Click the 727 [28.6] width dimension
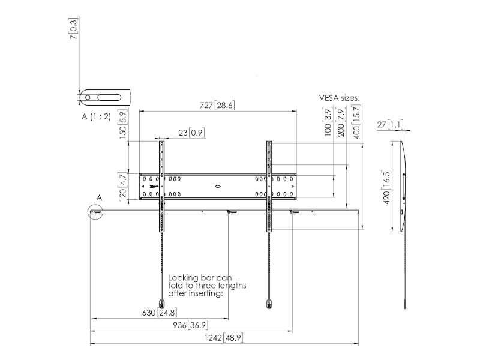[x=217, y=106]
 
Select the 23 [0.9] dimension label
[x=191, y=133]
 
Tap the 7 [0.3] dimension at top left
[x=74, y=29]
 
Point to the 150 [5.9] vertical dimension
[x=123, y=124]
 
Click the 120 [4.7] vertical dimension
[x=123, y=187]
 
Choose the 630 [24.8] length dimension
[x=160, y=313]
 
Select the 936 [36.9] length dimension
[x=190, y=325]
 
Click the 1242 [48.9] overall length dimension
[x=223, y=338]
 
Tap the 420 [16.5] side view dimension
[x=387, y=187]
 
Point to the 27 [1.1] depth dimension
[x=390, y=125]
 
